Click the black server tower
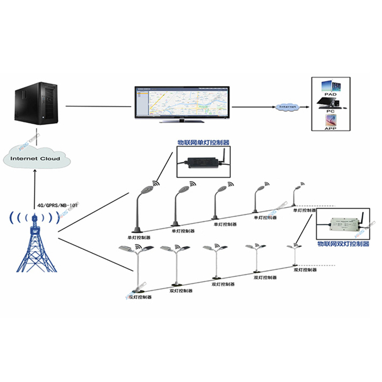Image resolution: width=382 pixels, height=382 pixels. click(x=36, y=101)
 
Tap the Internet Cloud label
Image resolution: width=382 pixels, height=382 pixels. click(x=35, y=158)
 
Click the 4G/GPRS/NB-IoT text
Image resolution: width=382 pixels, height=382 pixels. click(x=57, y=204)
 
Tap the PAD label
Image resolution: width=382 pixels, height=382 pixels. click(x=331, y=94)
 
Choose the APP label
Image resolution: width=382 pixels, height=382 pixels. click(x=331, y=128)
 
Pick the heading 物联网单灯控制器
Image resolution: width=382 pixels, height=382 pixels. click(x=203, y=143)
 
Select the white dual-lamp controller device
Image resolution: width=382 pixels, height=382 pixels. click(x=344, y=224)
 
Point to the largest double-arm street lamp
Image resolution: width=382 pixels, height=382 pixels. click(x=137, y=268)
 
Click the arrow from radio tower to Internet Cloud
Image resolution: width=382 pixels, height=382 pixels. click(x=35, y=188)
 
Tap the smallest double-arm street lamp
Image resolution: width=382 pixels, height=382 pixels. click(x=293, y=255)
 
